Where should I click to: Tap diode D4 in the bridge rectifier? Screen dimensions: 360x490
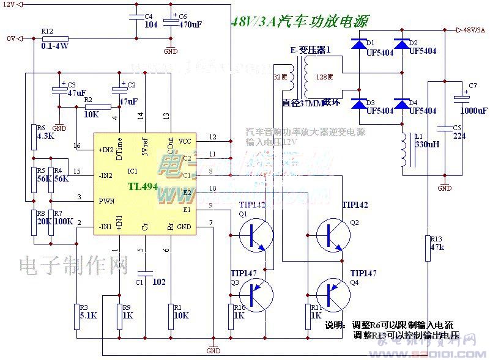pos(401,105)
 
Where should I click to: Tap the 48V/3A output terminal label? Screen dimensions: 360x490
pos(474,29)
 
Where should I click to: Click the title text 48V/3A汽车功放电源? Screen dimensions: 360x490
pos(299,23)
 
